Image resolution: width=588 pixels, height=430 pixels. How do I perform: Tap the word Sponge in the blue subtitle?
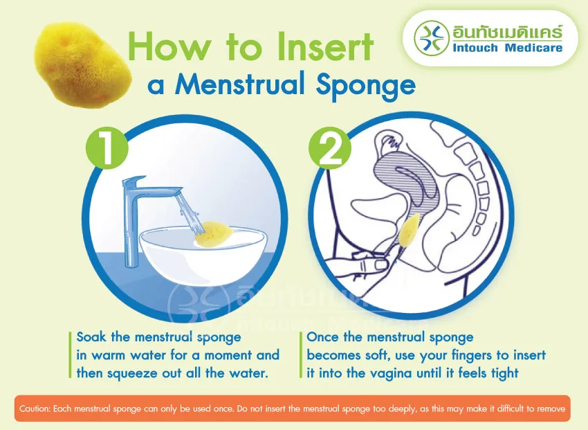coord(366,86)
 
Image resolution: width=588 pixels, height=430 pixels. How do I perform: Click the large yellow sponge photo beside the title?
coord(82,64)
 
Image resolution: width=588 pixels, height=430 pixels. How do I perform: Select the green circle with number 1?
coord(107,148)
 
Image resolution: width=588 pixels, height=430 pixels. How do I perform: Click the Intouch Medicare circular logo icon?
coord(432,37)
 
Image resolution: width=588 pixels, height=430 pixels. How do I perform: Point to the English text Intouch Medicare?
coord(507,48)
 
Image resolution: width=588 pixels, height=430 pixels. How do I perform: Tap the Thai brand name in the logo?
coord(507,32)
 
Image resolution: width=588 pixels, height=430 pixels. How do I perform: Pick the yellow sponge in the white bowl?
coord(213,235)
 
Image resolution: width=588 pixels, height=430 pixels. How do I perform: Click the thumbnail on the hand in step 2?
coord(381,265)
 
